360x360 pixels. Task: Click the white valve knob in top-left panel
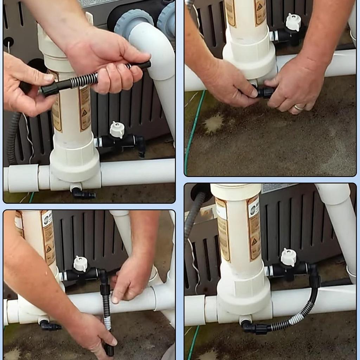tap(117, 129)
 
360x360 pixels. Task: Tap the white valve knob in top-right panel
tap(293, 22)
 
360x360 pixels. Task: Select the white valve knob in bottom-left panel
tap(81, 264)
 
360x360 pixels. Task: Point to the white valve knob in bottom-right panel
tap(289, 257)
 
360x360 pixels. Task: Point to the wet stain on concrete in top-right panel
tap(213, 123)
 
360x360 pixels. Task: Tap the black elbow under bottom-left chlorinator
tap(49, 326)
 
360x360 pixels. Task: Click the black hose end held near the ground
tap(109, 350)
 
